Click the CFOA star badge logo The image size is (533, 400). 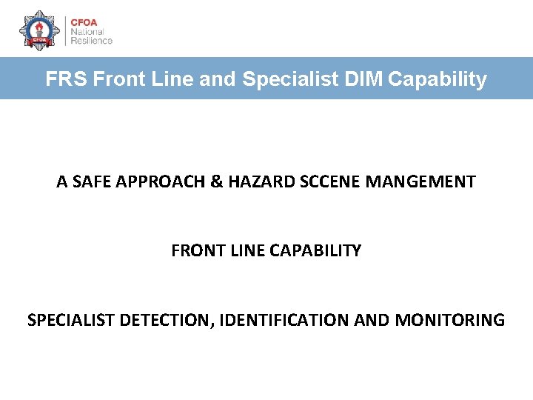click(x=39, y=30)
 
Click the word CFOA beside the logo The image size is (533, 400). click(x=84, y=21)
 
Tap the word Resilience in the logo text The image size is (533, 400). click(x=92, y=41)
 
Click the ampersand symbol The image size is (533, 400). click(x=217, y=181)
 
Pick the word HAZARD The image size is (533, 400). click(x=258, y=181)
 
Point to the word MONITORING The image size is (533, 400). click(x=450, y=321)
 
